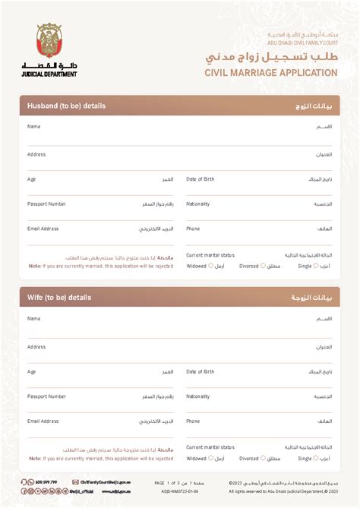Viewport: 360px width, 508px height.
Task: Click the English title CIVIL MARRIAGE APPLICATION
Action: coord(271,73)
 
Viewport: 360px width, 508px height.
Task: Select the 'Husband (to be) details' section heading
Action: coord(66,106)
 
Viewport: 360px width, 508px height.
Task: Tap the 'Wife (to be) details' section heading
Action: coord(59,298)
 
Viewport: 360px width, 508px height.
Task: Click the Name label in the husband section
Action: coord(33,126)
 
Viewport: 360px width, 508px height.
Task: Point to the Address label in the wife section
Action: coord(36,346)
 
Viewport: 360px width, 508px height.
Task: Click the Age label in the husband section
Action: coord(32,179)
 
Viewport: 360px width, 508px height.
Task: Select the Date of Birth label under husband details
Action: coord(201,179)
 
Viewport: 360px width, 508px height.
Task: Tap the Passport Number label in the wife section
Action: coord(46,396)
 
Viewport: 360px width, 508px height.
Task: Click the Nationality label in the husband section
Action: coord(198,204)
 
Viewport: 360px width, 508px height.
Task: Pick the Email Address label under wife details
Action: coord(43,421)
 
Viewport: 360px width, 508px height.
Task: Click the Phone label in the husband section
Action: coord(193,229)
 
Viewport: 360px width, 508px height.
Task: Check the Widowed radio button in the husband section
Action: coord(210,266)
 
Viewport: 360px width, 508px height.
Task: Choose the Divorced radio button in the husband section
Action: coord(263,266)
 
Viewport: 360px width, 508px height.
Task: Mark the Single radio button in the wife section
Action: coord(315,458)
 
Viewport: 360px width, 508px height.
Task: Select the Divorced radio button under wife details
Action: coord(263,458)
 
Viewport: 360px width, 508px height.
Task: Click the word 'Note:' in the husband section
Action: coord(35,267)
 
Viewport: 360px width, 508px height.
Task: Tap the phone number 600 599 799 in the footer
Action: coord(46,482)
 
